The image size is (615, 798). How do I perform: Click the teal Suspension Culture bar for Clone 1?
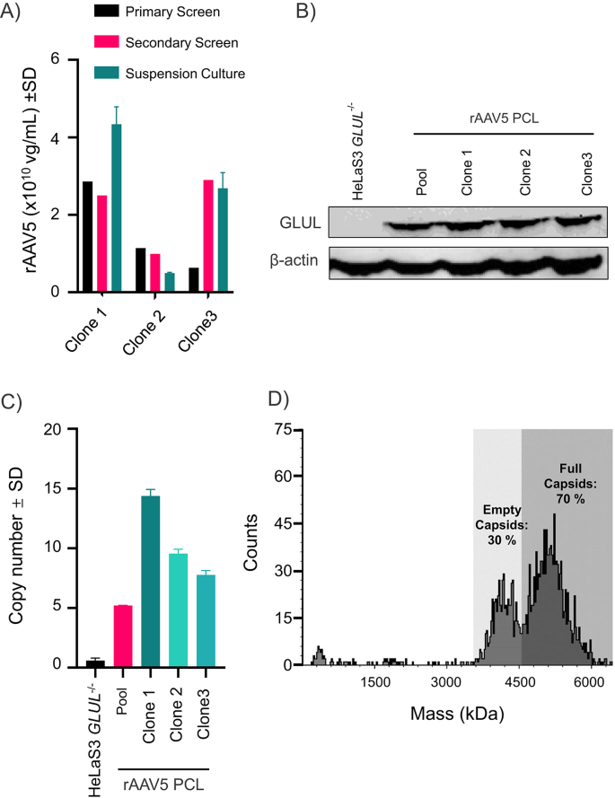[x=116, y=208]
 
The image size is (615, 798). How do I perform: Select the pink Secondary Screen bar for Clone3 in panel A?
[x=208, y=236]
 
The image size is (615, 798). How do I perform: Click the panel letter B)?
[x=318, y=13]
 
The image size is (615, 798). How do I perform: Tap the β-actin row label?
[x=293, y=259]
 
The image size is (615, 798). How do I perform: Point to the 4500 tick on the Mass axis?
[x=520, y=684]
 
